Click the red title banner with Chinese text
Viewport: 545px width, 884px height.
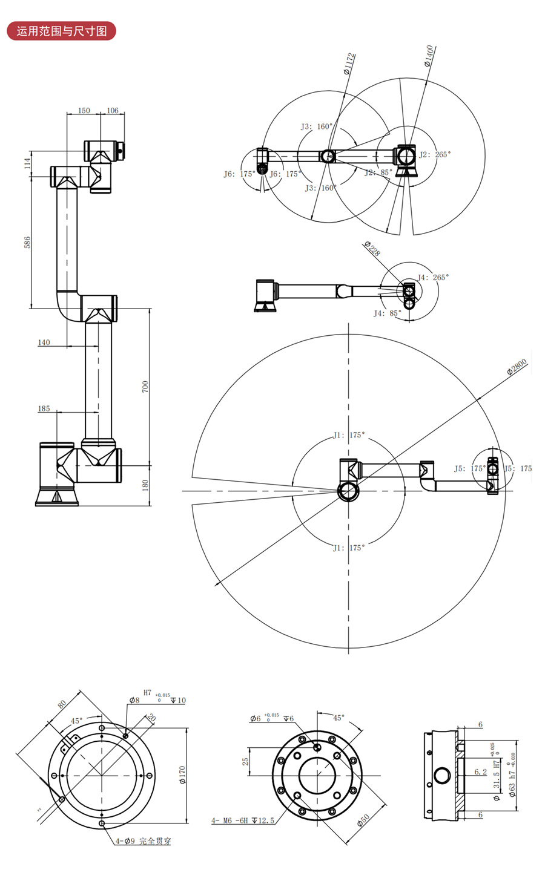(61, 31)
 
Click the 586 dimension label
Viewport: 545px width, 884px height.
(27, 242)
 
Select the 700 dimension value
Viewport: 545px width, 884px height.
(145, 387)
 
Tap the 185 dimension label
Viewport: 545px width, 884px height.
(44, 408)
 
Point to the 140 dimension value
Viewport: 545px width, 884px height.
(44, 342)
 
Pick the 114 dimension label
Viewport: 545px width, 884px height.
(27, 163)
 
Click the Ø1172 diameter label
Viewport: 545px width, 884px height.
(348, 64)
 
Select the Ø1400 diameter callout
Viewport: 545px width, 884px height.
(428, 55)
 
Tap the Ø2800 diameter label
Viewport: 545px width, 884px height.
(518, 367)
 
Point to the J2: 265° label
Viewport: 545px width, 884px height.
(435, 155)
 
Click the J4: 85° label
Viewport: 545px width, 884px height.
(387, 313)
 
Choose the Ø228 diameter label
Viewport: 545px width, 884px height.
(372, 248)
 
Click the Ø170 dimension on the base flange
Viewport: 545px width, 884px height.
(182, 775)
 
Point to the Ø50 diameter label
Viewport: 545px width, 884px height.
(364, 821)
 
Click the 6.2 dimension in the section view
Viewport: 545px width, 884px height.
(480, 772)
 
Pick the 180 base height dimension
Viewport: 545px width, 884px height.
(145, 485)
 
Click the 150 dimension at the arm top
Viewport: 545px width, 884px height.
(84, 111)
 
